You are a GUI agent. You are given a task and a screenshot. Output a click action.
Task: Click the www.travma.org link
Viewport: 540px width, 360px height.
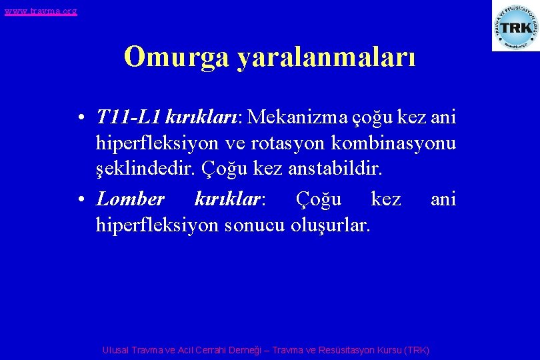click(x=41, y=11)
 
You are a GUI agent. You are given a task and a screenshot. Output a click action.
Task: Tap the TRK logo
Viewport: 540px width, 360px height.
click(x=515, y=27)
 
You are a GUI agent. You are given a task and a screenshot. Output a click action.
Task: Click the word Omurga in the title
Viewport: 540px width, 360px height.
click(x=177, y=57)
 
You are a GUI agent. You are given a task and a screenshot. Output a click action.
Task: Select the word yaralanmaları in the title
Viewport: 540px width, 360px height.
click(x=326, y=58)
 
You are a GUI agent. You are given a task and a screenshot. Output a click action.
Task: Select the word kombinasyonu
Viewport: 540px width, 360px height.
click(x=401, y=143)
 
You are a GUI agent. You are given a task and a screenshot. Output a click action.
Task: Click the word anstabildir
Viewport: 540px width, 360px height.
click(x=336, y=167)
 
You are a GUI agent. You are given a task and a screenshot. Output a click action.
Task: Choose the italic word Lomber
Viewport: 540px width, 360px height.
click(x=130, y=199)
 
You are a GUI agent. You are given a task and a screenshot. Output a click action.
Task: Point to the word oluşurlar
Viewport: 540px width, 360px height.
click(x=330, y=225)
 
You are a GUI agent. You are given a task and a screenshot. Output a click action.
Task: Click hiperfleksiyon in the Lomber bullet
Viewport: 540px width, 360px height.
click(x=157, y=225)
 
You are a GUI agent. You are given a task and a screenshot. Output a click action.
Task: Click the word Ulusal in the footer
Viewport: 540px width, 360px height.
click(x=116, y=350)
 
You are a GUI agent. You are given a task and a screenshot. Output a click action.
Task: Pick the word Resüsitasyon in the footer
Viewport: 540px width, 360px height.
click(x=347, y=350)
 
